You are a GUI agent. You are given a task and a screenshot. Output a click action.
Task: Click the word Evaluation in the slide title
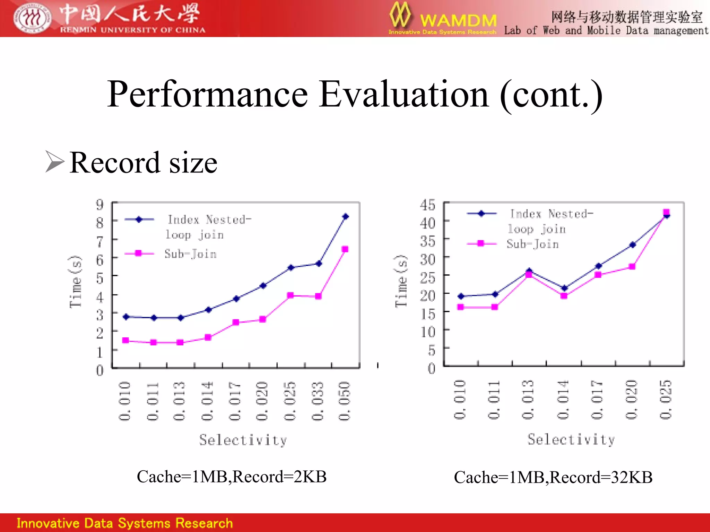click(404, 94)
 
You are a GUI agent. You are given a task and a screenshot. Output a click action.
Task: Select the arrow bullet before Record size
click(55, 161)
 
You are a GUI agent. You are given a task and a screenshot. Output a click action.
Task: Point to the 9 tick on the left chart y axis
click(100, 204)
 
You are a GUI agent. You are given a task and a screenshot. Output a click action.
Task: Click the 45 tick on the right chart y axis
click(427, 205)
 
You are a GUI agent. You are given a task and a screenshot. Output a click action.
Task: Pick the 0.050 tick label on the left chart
click(345, 401)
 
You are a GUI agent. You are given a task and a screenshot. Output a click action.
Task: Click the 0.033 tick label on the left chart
click(317, 401)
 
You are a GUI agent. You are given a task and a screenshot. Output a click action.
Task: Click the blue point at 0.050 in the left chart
click(345, 216)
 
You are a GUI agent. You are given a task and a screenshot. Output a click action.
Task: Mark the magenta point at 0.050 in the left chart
click(345, 249)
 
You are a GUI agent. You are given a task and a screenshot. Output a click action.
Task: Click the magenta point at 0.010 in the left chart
click(125, 340)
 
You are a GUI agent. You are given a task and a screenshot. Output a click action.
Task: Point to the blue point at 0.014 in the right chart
click(564, 288)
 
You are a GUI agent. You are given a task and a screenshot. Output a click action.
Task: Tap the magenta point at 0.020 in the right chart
click(632, 266)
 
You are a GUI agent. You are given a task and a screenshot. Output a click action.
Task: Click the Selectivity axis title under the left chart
click(243, 440)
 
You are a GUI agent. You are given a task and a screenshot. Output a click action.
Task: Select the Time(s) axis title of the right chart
click(401, 281)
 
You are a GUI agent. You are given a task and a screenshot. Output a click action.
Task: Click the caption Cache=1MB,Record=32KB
click(553, 477)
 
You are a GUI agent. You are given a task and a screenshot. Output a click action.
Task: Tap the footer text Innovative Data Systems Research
click(124, 523)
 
